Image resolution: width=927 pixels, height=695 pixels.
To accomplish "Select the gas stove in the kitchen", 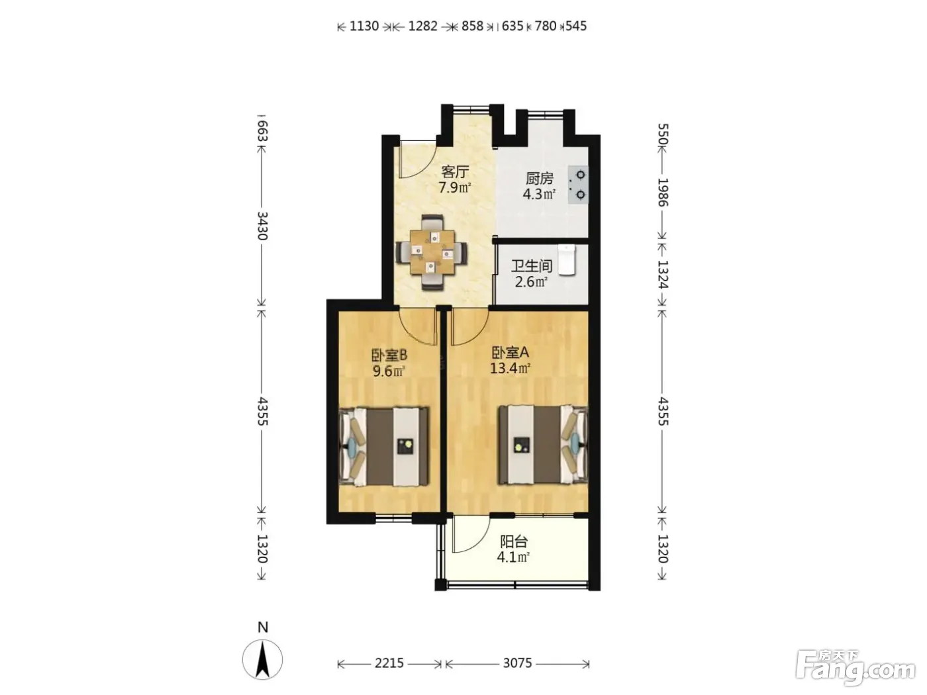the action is [578, 185].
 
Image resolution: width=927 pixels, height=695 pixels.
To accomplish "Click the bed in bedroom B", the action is [384, 446].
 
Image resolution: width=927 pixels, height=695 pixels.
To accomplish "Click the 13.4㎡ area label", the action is [510, 369].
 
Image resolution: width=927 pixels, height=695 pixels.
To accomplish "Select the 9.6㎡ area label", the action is [389, 371].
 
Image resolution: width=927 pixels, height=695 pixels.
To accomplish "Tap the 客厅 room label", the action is [455, 171].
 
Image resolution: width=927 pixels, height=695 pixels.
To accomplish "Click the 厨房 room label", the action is [539, 179].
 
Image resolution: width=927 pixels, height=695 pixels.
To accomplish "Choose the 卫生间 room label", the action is [532, 266].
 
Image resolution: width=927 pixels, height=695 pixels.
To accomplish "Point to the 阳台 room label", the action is [514, 541].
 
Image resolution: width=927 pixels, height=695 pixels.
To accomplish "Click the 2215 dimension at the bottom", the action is [389, 663].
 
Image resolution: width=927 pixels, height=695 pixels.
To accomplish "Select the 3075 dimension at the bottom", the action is [517, 663].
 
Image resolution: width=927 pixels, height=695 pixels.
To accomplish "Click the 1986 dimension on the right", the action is [663, 192].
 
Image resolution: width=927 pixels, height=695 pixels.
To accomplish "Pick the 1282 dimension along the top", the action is [422, 26].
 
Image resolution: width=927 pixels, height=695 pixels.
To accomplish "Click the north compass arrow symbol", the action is [263, 659].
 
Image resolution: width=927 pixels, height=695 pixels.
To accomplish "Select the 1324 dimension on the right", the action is [663, 274].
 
